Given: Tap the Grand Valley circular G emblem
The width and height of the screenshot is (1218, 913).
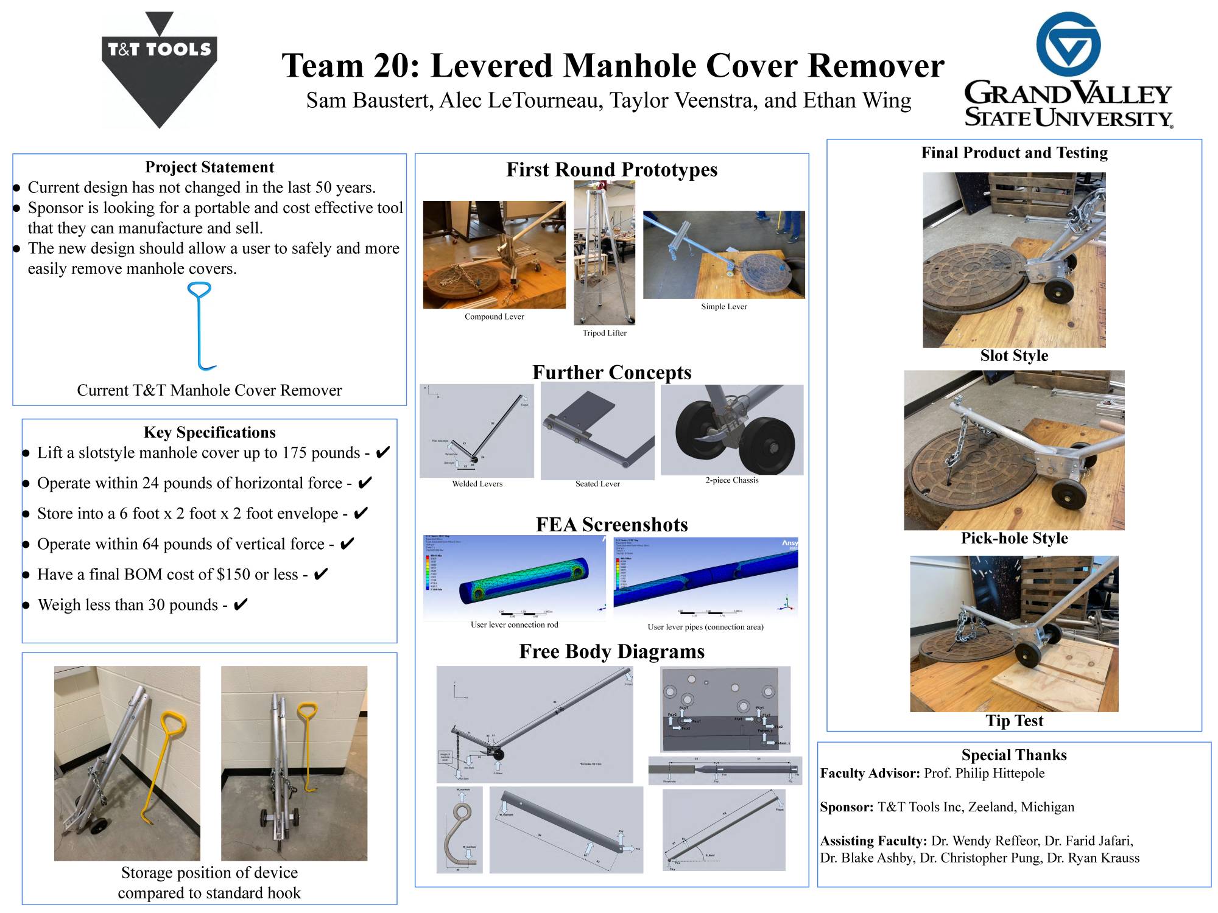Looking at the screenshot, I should pyautogui.click(x=1068, y=44).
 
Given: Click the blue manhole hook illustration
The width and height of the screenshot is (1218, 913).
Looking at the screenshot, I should pyautogui.click(x=201, y=326).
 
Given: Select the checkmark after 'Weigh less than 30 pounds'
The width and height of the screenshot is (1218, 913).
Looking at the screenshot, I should pyautogui.click(x=241, y=604).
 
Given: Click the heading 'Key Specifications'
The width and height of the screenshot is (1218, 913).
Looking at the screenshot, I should pyautogui.click(x=209, y=432).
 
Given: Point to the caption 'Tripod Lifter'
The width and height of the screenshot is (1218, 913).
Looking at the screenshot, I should pyautogui.click(x=604, y=333).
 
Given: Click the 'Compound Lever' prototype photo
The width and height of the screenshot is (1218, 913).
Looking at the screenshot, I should pyautogui.click(x=494, y=254).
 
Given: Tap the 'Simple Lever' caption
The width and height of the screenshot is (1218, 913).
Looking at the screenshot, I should pyautogui.click(x=723, y=307).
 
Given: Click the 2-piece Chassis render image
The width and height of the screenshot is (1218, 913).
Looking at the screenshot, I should pyautogui.click(x=731, y=430).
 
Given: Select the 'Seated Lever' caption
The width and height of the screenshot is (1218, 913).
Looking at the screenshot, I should pyautogui.click(x=597, y=484).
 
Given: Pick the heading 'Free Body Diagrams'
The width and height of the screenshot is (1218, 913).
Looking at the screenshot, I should pyautogui.click(x=611, y=651).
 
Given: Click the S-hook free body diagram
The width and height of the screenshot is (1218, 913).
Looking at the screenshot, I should pyautogui.click(x=460, y=830).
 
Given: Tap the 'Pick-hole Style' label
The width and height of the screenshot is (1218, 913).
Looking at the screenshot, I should pyautogui.click(x=1014, y=538).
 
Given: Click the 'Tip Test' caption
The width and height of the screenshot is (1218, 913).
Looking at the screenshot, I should pyautogui.click(x=1014, y=721).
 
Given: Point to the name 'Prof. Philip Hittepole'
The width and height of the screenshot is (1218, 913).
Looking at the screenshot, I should pyautogui.click(x=984, y=773).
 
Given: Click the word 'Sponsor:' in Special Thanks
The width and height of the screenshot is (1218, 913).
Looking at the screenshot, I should pyautogui.click(x=847, y=807).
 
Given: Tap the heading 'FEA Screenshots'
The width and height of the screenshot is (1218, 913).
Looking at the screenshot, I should pyautogui.click(x=611, y=525).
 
